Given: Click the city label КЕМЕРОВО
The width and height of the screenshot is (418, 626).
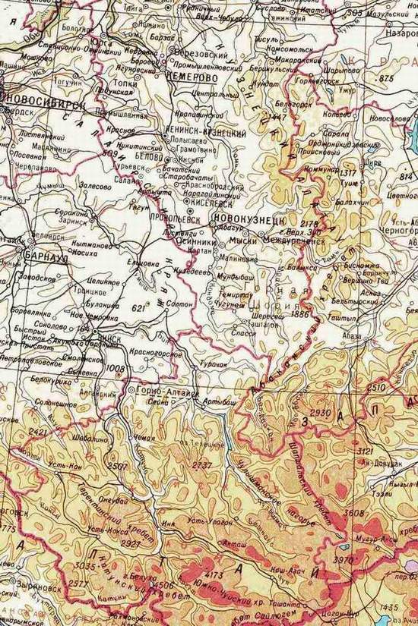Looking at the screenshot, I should pyautogui.click(x=191, y=77).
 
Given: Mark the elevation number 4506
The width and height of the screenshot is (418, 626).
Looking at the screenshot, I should pyautogui.click(x=163, y=584).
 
